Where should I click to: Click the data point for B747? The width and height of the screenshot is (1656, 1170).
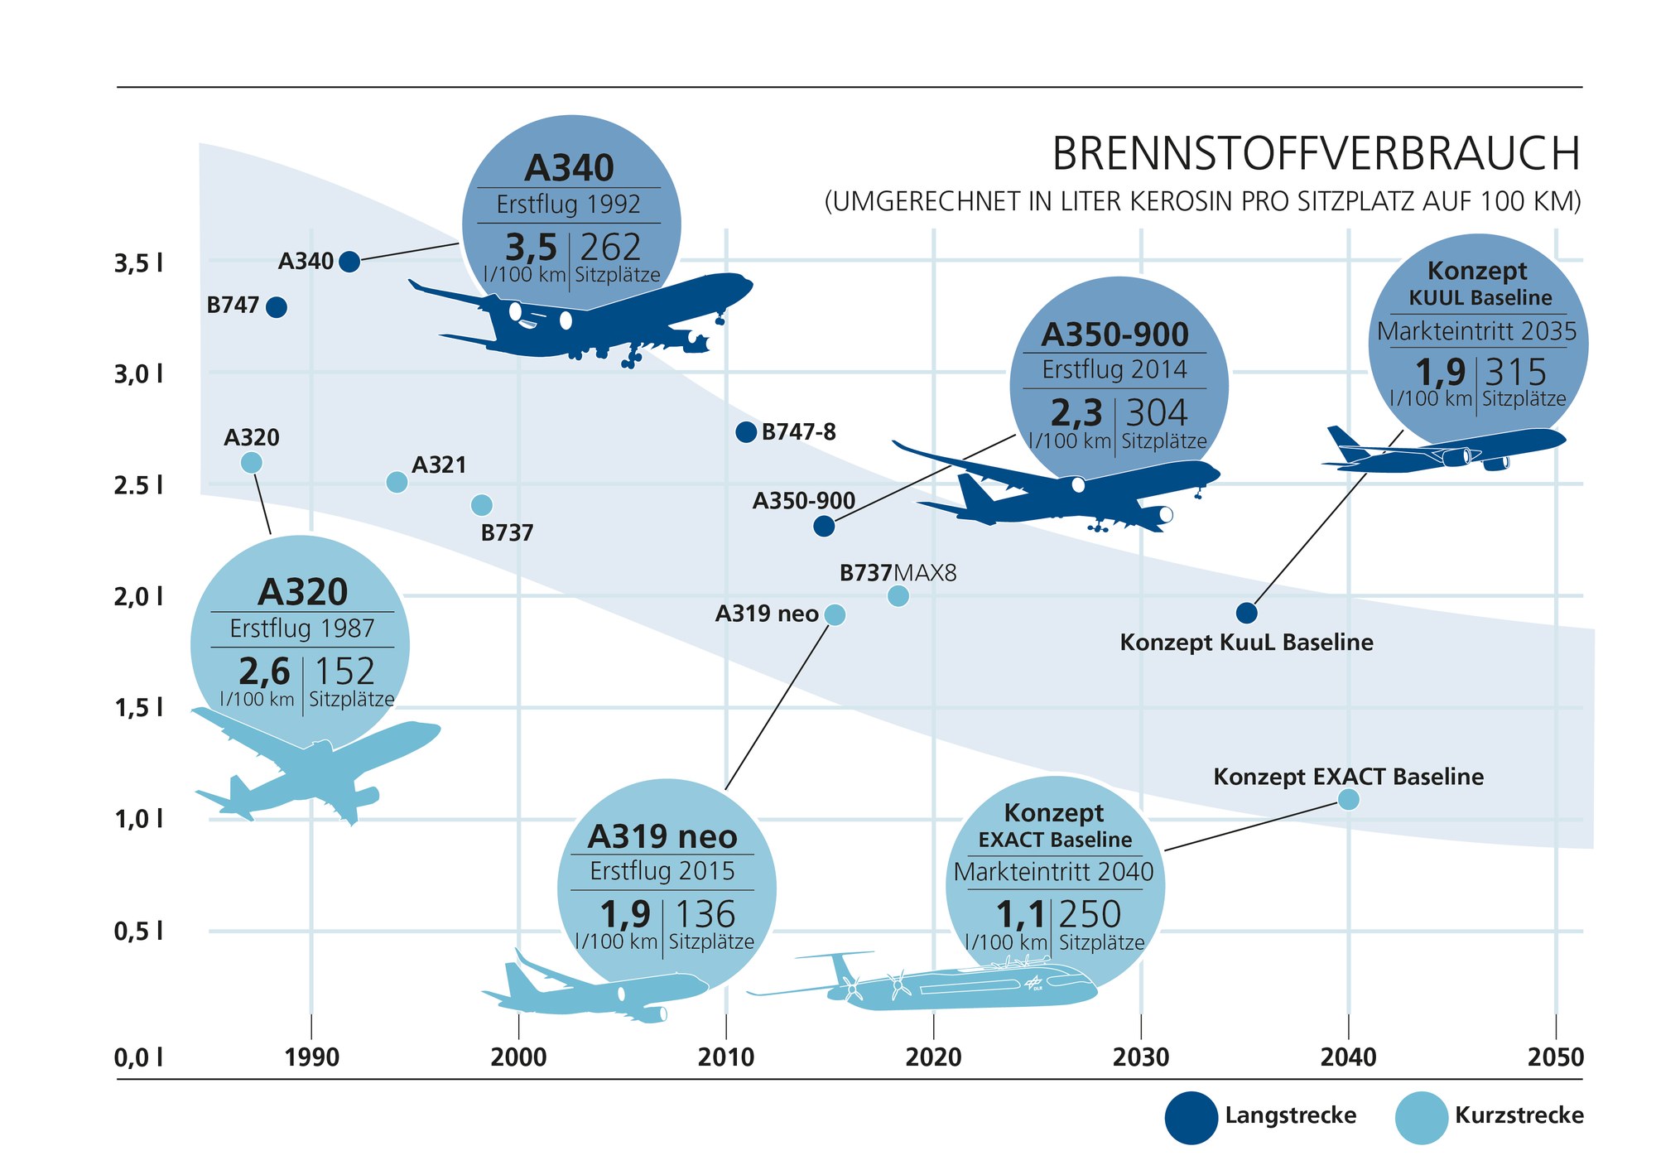[x=277, y=307]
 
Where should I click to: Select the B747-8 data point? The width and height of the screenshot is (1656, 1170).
[x=746, y=431]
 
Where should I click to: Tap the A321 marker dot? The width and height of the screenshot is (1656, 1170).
[x=397, y=482]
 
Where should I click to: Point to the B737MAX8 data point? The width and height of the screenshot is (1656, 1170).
[x=898, y=595]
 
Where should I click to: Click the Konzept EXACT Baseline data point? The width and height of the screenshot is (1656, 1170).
[x=1348, y=799]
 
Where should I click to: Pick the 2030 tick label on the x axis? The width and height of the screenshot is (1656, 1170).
[x=1140, y=1057]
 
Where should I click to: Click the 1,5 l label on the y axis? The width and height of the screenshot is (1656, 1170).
[x=138, y=708]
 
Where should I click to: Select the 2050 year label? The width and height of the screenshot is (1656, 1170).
[x=1555, y=1057]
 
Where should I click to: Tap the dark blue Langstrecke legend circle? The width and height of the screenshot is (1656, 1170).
[x=1191, y=1117]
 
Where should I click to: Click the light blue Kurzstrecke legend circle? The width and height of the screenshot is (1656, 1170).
[x=1421, y=1117]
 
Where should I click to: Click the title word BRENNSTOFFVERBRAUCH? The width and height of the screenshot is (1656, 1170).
[x=1316, y=154]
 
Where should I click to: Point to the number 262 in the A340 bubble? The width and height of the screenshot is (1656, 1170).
[x=610, y=248]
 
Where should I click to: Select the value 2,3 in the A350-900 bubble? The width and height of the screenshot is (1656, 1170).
[x=1076, y=412]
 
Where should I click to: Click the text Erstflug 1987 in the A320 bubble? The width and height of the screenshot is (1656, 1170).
[x=301, y=628]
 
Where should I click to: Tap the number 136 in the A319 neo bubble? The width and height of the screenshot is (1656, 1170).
[x=705, y=915]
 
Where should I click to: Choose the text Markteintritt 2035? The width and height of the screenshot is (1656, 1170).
[x=1476, y=331]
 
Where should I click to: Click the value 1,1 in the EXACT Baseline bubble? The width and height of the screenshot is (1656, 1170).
[x=1020, y=915]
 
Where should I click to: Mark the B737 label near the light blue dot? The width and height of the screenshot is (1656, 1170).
[x=507, y=532]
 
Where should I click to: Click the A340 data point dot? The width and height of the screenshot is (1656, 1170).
[x=349, y=262]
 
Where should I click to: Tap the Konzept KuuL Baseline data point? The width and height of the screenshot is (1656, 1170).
[x=1246, y=613]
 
